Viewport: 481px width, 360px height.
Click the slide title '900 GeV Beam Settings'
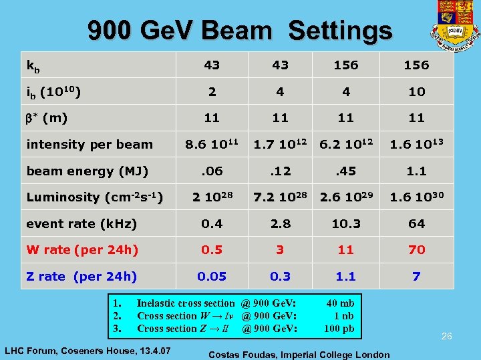[240, 31]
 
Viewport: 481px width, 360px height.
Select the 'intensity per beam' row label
[90, 145]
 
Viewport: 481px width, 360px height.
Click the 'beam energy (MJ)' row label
[87, 171]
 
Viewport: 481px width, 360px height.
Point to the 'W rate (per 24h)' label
[82, 250]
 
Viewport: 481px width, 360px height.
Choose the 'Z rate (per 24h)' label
[82, 276]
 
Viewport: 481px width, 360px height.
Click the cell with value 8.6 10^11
[211, 145]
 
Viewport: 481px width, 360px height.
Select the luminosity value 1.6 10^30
[416, 197]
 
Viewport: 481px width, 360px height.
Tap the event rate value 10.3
[346, 224]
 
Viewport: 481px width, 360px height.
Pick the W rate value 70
[416, 250]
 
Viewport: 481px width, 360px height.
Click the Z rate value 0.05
[211, 276]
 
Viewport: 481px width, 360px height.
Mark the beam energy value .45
[346, 171]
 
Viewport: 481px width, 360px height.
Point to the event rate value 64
[416, 224]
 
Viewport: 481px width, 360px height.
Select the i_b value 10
[416, 92]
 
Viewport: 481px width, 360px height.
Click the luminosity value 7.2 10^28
[281, 197]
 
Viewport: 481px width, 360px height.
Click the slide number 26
[446, 337]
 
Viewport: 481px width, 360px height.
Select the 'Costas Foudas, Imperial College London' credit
[299, 354]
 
